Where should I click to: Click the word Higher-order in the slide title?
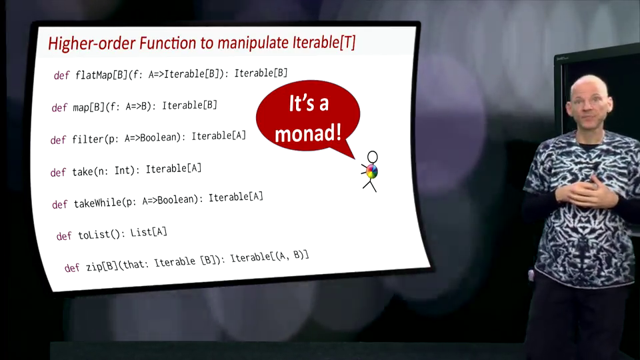coord(91,43)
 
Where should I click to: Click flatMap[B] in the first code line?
coord(101,75)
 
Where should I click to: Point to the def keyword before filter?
coord(58,140)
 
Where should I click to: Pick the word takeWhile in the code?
coord(97,203)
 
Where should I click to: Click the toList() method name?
coord(99,235)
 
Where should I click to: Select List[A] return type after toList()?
coord(149,233)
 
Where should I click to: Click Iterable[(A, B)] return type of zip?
coord(269,257)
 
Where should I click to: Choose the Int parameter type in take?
coord(122,170)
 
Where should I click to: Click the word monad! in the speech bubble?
coord(308,133)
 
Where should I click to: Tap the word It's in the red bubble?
coord(303,103)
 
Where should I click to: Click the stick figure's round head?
coord(372,157)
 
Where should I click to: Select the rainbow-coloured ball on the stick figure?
coord(371,171)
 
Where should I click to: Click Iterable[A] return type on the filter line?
coord(219,135)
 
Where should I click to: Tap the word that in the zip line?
coord(134,265)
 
